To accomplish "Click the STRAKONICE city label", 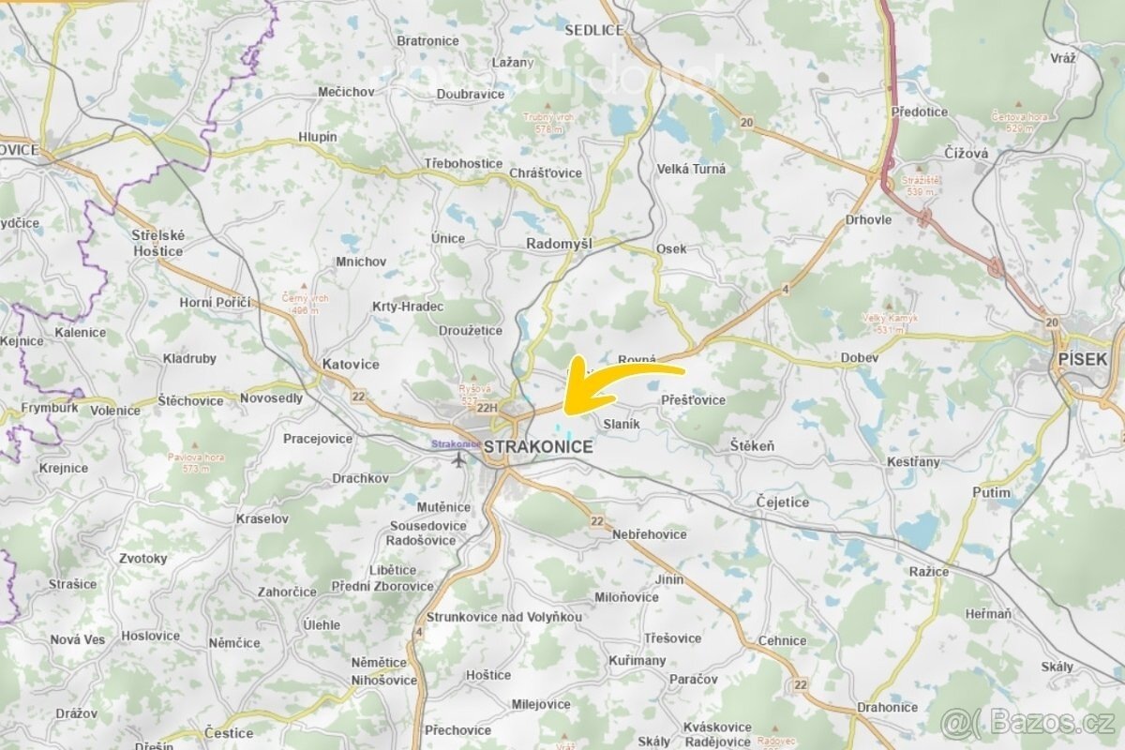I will [x=538, y=447].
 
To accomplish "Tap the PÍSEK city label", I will [x=1082, y=359].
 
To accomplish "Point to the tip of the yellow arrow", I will [x=564, y=409].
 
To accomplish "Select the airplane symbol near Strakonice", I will [x=458, y=459].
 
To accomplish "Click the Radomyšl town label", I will [x=559, y=244].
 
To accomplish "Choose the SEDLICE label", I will [x=594, y=30].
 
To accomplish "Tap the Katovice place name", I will [x=351, y=364].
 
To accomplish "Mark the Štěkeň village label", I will [x=752, y=446].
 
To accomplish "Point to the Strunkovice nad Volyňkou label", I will [x=503, y=617].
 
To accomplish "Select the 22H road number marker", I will [x=487, y=408].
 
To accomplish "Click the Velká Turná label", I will [x=692, y=169].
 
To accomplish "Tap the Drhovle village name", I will [x=868, y=219].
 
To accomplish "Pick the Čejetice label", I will [x=783, y=502].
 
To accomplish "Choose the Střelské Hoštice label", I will [x=157, y=244].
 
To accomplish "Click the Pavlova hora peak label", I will [x=195, y=461].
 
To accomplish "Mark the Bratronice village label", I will [x=427, y=41].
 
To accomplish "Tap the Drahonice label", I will [x=887, y=707].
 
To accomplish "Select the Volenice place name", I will [x=115, y=411].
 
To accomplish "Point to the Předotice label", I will [x=920, y=112].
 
